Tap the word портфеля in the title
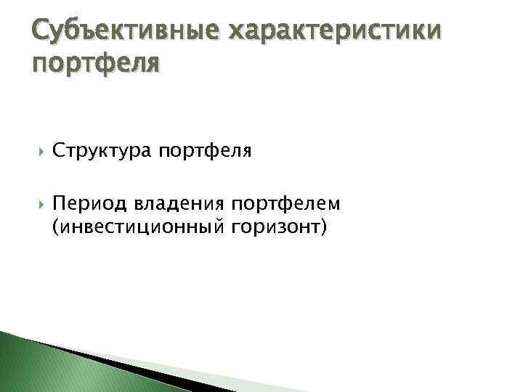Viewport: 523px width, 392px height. coord(96,65)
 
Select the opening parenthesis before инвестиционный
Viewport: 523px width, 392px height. coord(55,227)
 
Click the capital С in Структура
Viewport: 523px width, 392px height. coord(58,151)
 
